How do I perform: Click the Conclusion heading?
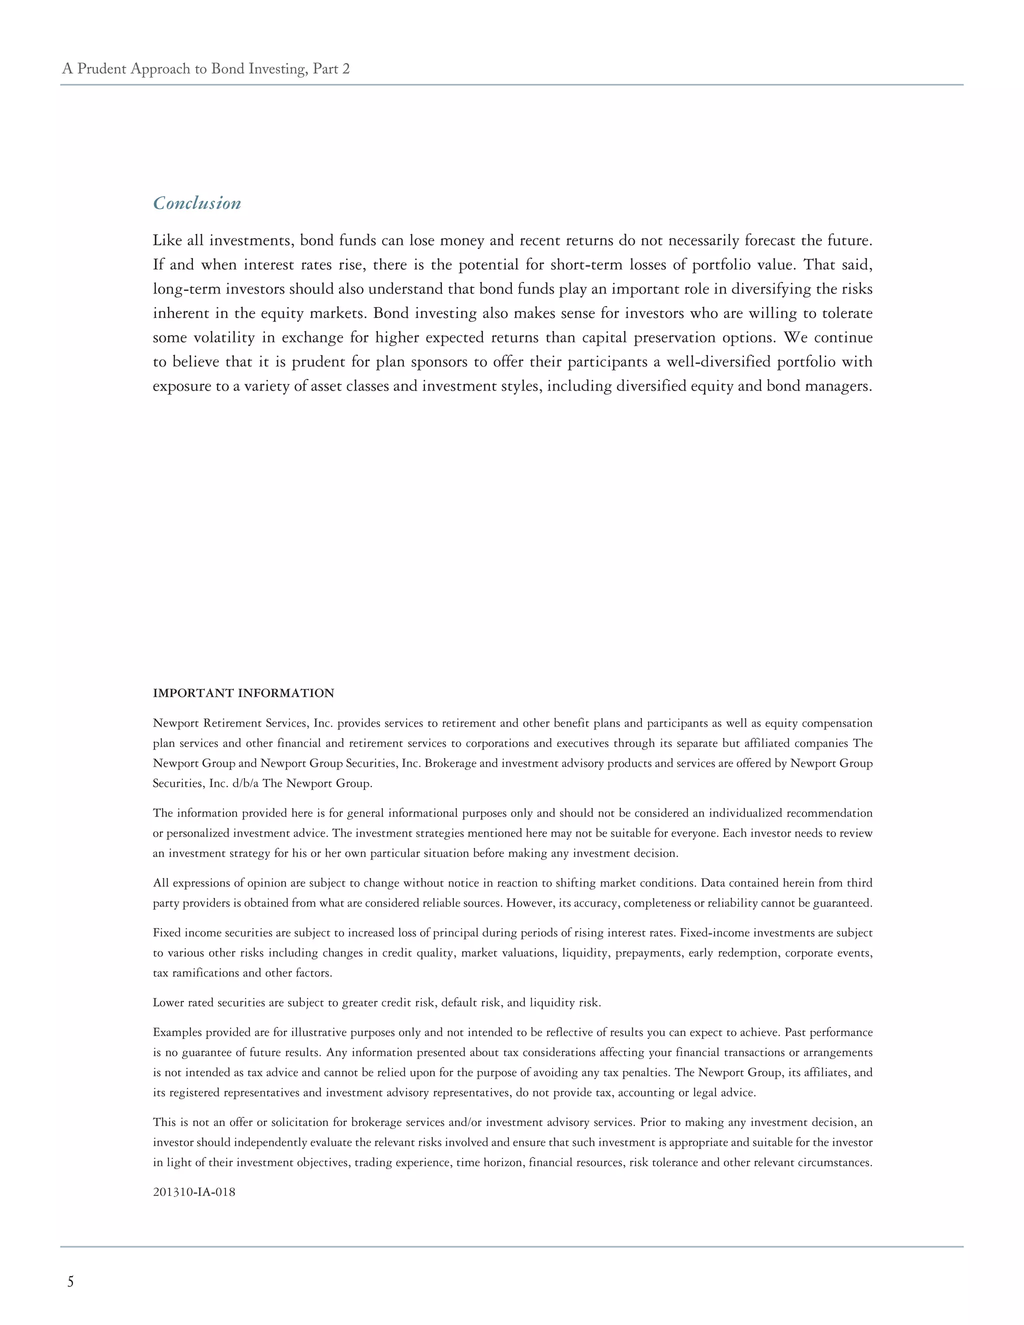click(x=196, y=202)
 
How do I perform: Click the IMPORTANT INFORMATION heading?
click(x=243, y=693)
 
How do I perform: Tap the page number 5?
click(x=70, y=1281)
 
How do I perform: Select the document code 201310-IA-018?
click(x=194, y=1191)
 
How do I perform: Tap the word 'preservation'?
click(x=674, y=337)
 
